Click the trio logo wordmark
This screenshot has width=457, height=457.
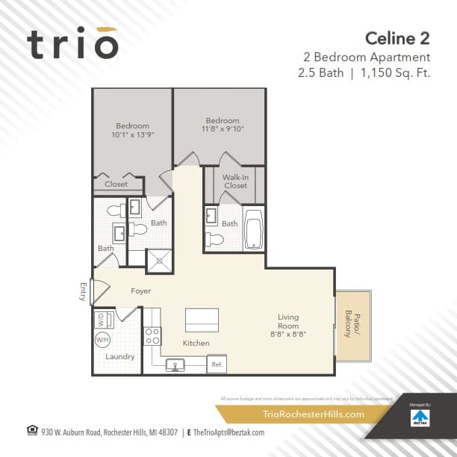[73, 44]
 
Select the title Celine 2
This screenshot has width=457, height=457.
[397, 37]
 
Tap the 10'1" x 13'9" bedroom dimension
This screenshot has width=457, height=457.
[132, 135]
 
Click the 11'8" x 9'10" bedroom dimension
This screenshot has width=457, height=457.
[223, 128]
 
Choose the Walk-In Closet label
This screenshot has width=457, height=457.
[235, 181]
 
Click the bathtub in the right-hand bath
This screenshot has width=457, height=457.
[253, 228]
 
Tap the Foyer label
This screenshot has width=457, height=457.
[141, 290]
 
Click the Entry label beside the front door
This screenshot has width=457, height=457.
[84, 292]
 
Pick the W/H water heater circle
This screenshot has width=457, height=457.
[102, 340]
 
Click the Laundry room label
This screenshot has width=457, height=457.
[120, 357]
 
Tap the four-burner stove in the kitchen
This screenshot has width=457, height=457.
[152, 335]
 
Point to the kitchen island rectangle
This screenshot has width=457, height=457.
[202, 320]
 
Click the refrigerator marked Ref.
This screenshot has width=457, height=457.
[217, 364]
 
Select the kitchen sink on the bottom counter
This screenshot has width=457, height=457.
[176, 364]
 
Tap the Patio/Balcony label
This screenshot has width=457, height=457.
[348, 324]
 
